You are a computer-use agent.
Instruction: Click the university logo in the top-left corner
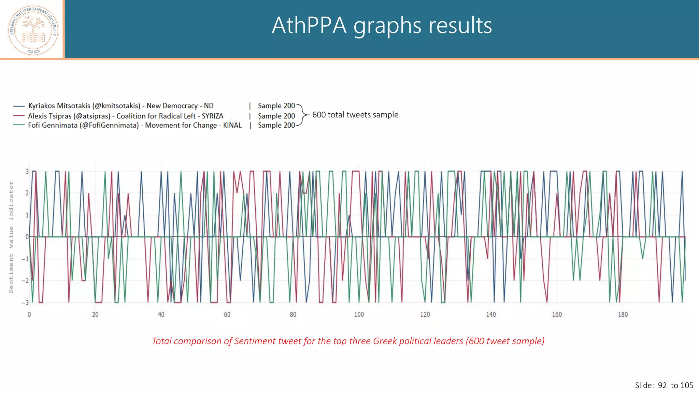(x=33, y=30)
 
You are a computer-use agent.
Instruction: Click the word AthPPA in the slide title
(x=309, y=26)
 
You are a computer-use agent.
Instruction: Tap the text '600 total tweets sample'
(x=355, y=115)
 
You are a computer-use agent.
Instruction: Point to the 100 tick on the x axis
(x=359, y=315)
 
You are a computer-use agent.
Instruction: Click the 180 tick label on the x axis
(x=623, y=315)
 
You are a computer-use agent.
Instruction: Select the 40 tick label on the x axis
(x=161, y=315)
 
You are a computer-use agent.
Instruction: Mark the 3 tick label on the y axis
(x=27, y=171)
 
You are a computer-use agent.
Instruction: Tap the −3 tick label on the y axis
(x=25, y=303)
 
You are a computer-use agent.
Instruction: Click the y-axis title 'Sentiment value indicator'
(x=11, y=237)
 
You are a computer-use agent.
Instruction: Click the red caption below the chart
(x=348, y=341)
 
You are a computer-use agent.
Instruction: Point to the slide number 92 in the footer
(x=662, y=385)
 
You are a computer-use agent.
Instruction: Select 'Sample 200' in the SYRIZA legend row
(x=276, y=116)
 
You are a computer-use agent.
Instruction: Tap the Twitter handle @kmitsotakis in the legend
(x=116, y=106)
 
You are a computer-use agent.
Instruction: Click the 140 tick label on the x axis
(x=491, y=315)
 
